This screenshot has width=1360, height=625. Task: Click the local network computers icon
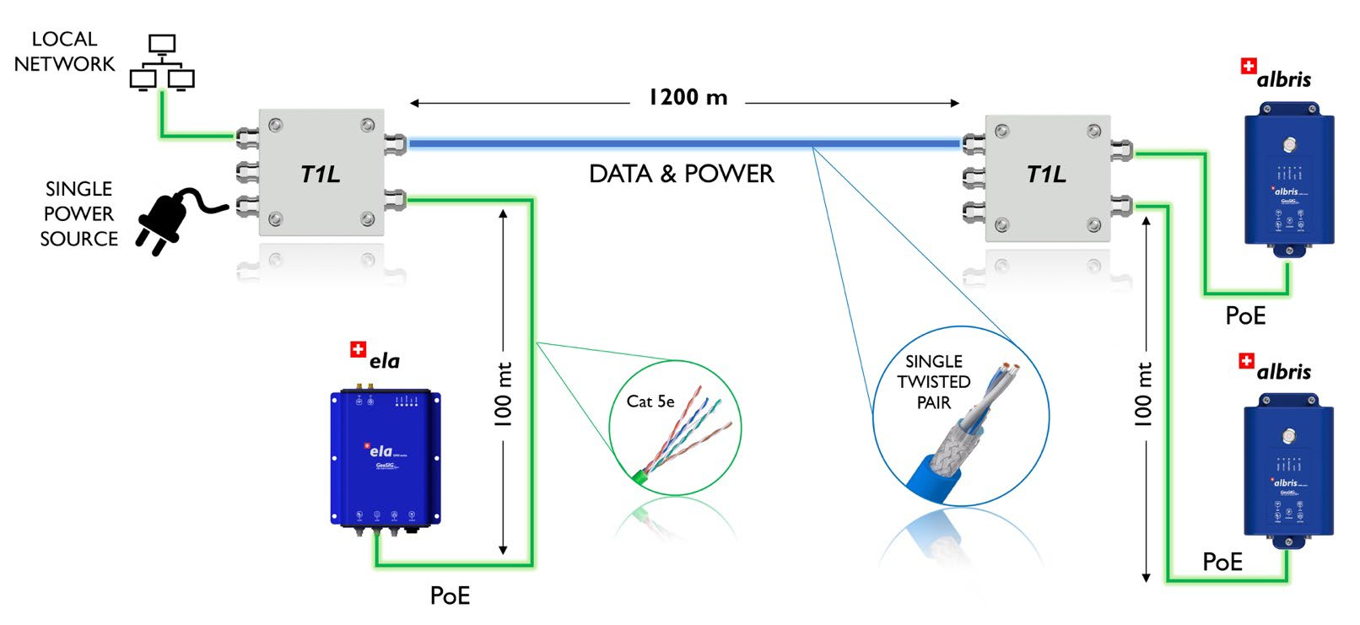point(162,62)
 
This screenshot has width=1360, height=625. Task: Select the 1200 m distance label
point(688,98)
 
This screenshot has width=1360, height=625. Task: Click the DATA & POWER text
point(681,174)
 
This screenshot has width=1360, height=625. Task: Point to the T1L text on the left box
point(321,175)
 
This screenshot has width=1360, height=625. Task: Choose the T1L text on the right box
point(1046,175)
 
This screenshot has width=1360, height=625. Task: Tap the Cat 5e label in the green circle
point(650,401)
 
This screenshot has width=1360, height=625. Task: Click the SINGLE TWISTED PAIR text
point(933,382)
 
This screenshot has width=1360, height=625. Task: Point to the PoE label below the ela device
point(450,595)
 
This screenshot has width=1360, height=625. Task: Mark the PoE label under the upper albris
point(1245,315)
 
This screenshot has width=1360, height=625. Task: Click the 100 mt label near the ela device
point(504,395)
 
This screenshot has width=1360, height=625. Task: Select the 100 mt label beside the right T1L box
point(1144,395)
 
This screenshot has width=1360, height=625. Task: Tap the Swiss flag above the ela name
point(359,349)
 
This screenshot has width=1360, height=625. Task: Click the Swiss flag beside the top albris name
point(1249,66)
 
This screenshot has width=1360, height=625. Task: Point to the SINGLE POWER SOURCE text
point(78,213)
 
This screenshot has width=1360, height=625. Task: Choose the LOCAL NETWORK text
point(64,51)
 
